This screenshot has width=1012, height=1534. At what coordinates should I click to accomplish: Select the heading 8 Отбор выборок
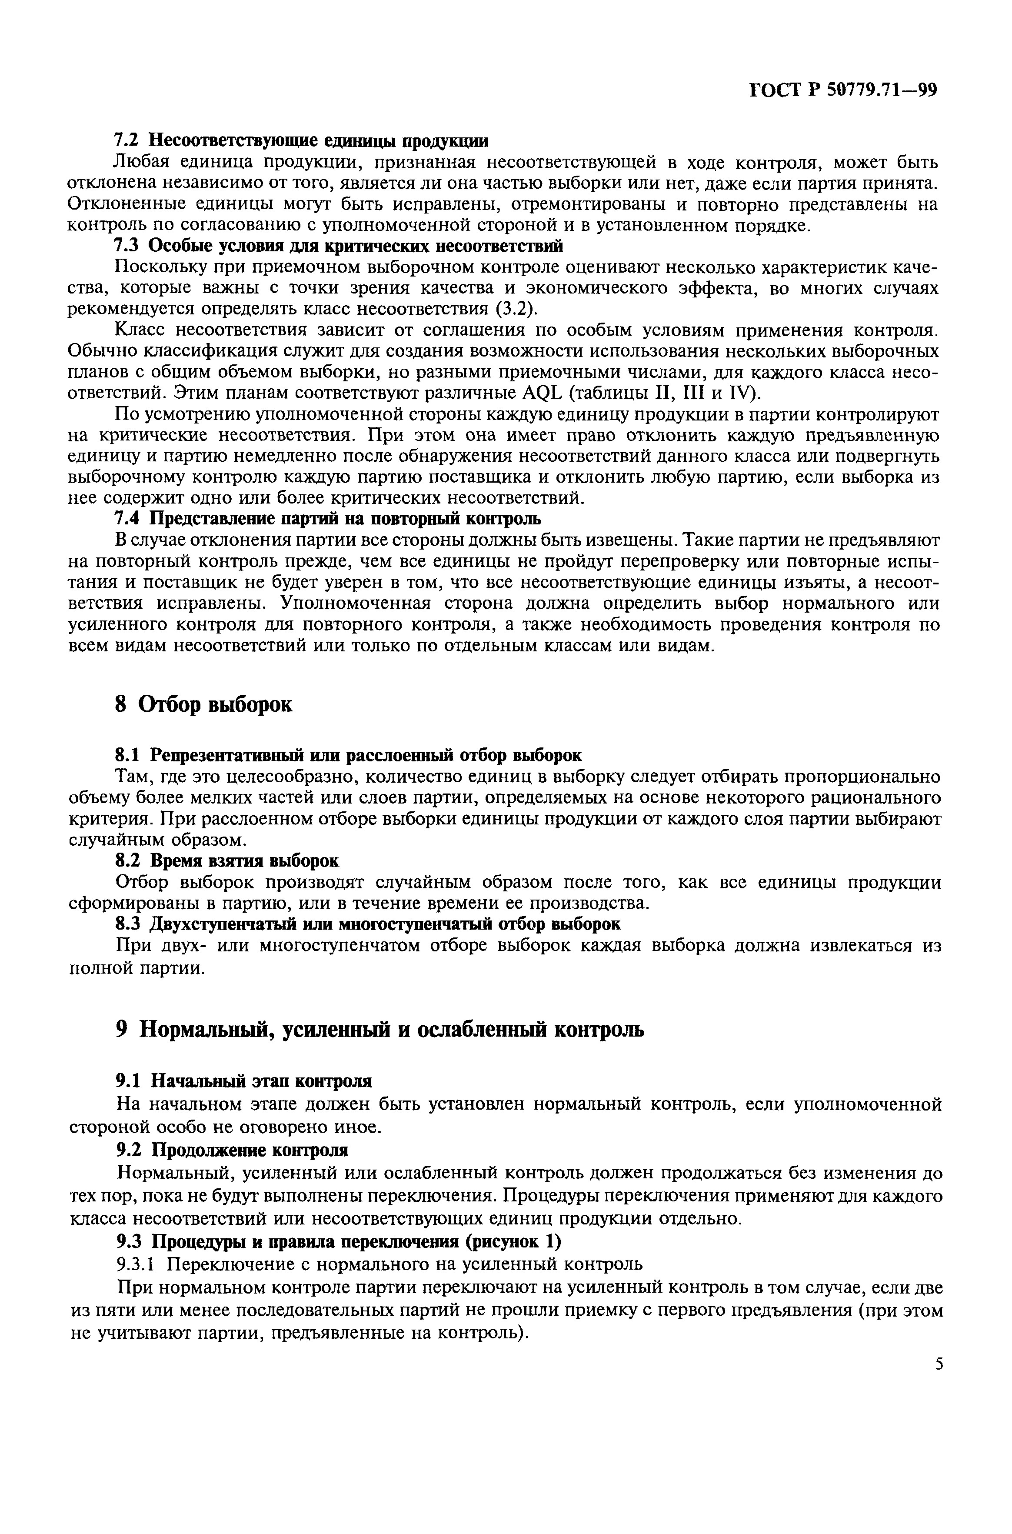click(203, 705)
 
